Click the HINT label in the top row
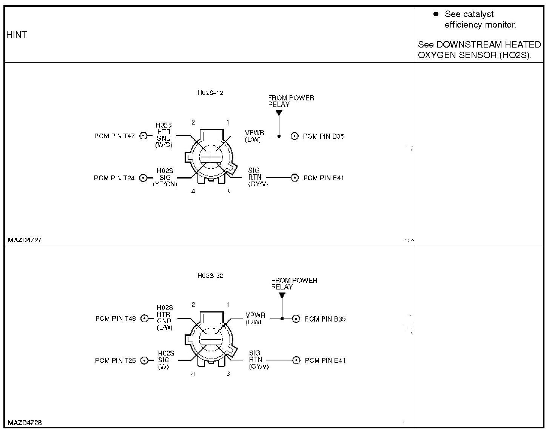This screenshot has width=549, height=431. pyautogui.click(x=17, y=35)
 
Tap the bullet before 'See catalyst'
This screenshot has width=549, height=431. pyautogui.click(x=436, y=14)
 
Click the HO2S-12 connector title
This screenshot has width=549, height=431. pyautogui.click(x=210, y=93)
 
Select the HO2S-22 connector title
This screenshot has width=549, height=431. pyautogui.click(x=210, y=276)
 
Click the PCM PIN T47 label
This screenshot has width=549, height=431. pyautogui.click(x=114, y=136)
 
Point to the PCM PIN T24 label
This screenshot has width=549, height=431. pyautogui.click(x=114, y=178)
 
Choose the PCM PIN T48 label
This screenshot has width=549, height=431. pyautogui.click(x=116, y=319)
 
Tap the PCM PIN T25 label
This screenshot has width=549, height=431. pyautogui.click(x=115, y=360)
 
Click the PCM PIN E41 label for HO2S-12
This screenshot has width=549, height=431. pyautogui.click(x=324, y=178)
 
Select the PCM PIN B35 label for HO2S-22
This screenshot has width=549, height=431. pyautogui.click(x=325, y=319)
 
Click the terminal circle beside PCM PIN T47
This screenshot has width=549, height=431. pyautogui.click(x=143, y=136)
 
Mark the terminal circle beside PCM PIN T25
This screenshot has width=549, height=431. pyautogui.click(x=144, y=360)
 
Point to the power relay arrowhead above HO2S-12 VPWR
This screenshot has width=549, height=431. pyautogui.click(x=279, y=112)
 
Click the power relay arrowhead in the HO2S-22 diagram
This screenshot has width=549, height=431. pyautogui.click(x=282, y=295)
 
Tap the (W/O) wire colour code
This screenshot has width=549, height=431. pyautogui.click(x=164, y=145)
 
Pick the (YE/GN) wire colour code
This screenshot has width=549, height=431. pyautogui.click(x=165, y=184)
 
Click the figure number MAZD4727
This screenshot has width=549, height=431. pyautogui.click(x=25, y=240)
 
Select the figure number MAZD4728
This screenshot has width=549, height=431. pyautogui.click(x=25, y=422)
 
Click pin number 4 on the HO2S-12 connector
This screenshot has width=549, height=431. pyautogui.click(x=193, y=191)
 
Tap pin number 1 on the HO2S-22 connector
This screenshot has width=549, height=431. pyautogui.click(x=228, y=305)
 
